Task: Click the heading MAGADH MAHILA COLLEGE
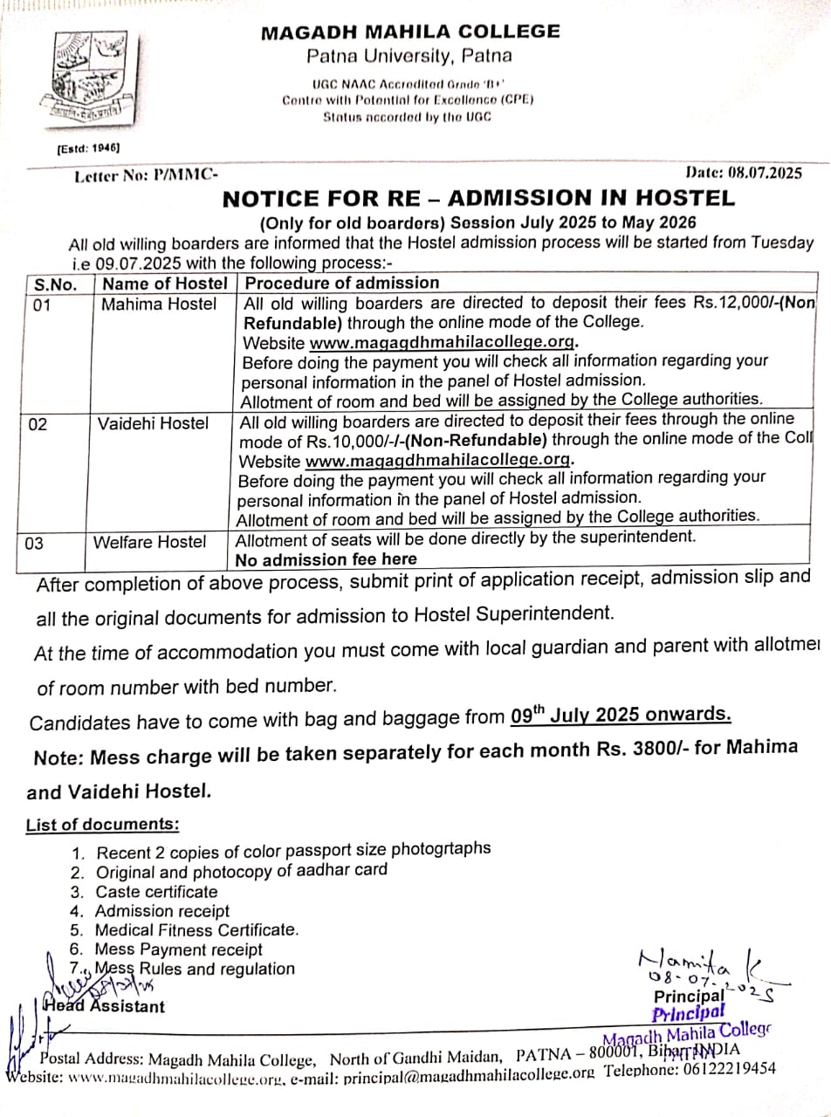[x=410, y=32]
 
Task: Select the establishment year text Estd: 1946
[x=88, y=148]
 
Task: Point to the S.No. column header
[x=55, y=284]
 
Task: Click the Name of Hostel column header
[x=165, y=284]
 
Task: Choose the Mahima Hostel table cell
[x=159, y=305]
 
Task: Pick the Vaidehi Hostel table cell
[x=154, y=424]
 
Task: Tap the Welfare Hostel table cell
[x=150, y=542]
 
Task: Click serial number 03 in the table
[x=34, y=544]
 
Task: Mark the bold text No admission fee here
[x=326, y=559]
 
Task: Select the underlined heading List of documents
[x=103, y=825]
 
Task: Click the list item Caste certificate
[x=156, y=892]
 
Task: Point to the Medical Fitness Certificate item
[x=196, y=930]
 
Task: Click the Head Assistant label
[x=107, y=1006]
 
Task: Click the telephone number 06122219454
[x=725, y=1069]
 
